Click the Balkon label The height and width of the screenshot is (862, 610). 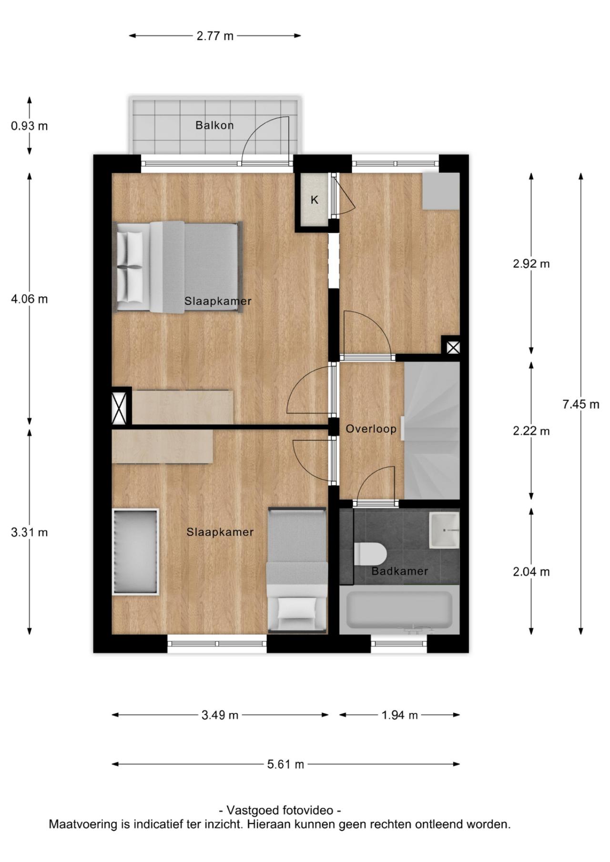coord(214,125)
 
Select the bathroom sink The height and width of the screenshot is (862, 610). coord(444,530)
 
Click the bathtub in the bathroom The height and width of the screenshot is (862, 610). coord(399,610)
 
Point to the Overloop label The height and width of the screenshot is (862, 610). coord(371,429)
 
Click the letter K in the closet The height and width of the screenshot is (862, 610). coord(315,200)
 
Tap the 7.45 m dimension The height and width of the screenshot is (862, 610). coord(580,404)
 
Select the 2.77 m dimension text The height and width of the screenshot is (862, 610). coord(215,36)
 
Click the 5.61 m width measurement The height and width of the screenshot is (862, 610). coord(285,764)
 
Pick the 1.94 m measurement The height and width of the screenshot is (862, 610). coord(399,715)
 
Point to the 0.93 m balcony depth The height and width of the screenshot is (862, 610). coord(30,126)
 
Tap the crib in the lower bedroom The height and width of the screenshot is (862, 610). coord(135,552)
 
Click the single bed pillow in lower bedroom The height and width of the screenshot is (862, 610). coord(297,607)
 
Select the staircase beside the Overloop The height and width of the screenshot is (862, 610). coord(432,429)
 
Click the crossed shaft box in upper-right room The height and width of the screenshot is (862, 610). coord(453,347)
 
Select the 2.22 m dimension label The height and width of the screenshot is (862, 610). coord(531,431)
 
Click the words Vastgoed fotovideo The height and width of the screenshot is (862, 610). coord(280,810)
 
